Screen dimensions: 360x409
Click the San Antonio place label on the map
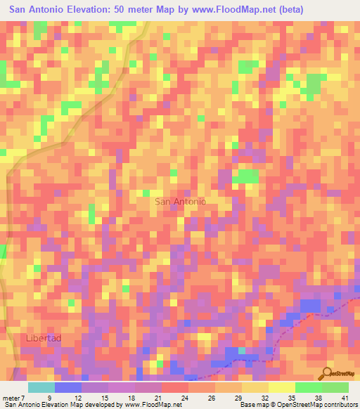tap(180, 202)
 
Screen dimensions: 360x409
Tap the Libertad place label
tap(44, 338)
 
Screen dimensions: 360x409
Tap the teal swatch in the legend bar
tap(41, 387)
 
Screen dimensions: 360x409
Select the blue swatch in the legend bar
tap(68, 387)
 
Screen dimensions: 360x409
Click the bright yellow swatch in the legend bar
tap(282, 387)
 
